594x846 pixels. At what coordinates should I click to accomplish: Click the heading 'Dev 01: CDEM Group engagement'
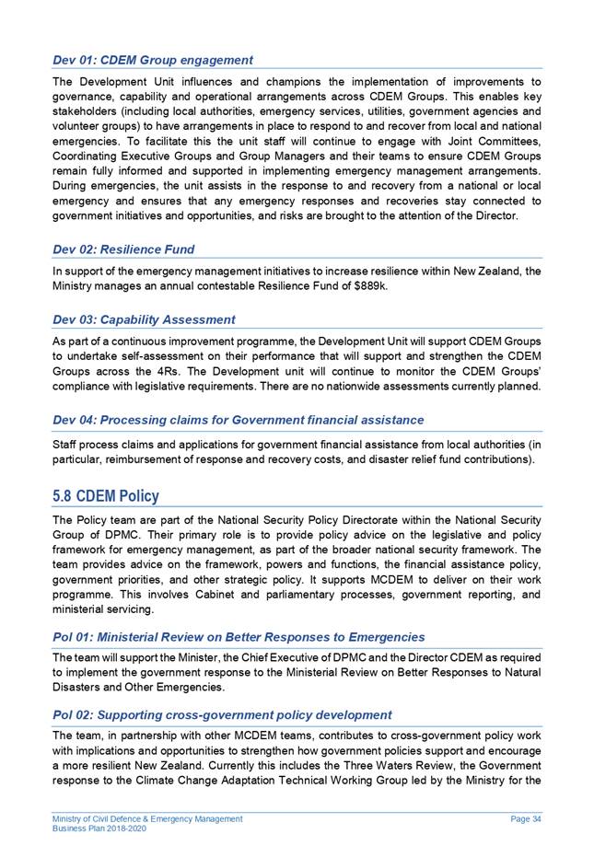[x=153, y=60]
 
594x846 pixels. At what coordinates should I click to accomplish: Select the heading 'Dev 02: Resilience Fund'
[x=123, y=249]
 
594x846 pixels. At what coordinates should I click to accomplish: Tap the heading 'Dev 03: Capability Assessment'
[x=144, y=319]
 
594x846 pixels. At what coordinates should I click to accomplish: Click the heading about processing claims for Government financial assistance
[x=239, y=420]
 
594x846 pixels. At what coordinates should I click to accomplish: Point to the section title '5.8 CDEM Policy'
[x=106, y=496]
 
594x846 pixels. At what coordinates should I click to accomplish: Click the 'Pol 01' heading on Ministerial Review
[x=239, y=637]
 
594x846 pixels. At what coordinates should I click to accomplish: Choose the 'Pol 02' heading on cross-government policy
[x=222, y=714]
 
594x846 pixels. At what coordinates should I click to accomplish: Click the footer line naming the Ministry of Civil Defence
[x=147, y=818]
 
